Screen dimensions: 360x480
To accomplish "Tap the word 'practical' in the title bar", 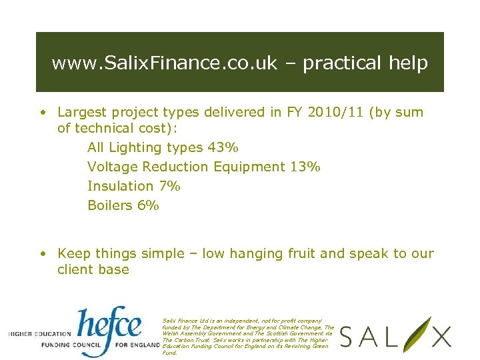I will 337,63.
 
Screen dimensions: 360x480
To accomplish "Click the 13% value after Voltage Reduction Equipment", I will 305,167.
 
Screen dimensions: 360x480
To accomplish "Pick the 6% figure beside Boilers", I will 148,205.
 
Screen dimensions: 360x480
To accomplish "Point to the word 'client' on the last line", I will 76,269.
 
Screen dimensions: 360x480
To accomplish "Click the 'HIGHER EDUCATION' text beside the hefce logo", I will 39,333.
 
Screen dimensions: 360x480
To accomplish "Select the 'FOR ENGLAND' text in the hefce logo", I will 139,346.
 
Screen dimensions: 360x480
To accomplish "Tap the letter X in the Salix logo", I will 439,337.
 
